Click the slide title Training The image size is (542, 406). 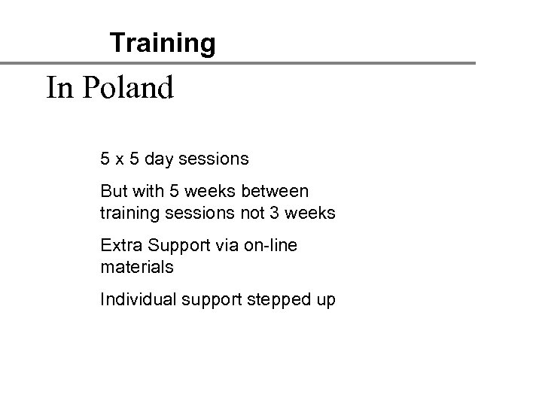(162, 43)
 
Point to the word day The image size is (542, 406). (160, 160)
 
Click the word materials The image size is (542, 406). (137, 268)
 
